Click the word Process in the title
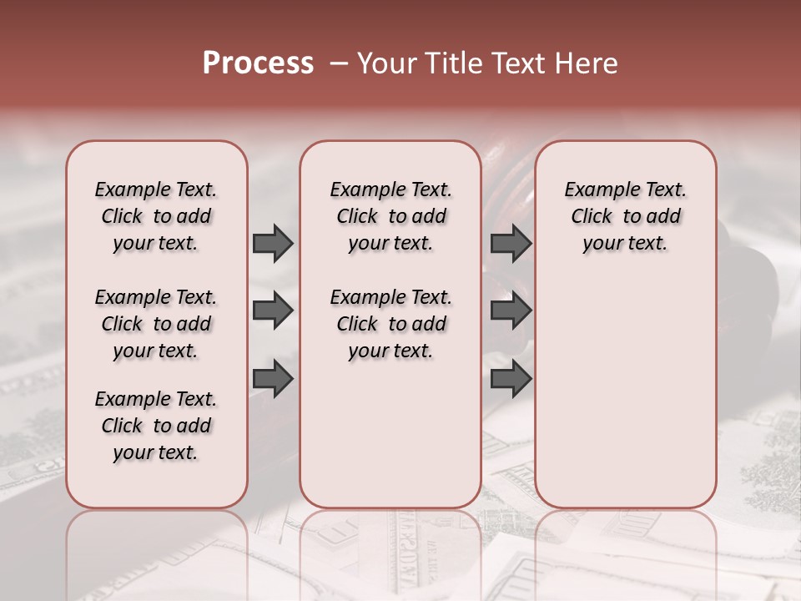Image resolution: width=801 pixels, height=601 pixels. tap(258, 63)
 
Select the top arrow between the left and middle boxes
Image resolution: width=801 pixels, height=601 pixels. tap(273, 243)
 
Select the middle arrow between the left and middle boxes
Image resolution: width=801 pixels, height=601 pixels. tap(273, 311)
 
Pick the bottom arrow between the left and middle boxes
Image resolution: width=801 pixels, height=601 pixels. tap(273, 378)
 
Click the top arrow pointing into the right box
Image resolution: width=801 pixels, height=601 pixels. tap(511, 243)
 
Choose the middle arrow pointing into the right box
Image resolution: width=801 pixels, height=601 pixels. tap(511, 311)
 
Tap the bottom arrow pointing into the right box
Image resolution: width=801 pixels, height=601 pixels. tap(511, 378)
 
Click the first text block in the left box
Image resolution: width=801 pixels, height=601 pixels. tap(156, 216)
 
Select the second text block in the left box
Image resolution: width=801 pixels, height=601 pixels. tap(156, 324)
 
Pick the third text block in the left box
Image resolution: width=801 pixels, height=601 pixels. tap(156, 426)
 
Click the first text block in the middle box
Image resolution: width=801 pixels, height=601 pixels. tap(390, 216)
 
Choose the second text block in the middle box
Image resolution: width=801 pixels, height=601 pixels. tap(390, 324)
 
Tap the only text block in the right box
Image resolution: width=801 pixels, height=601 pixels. tap(625, 216)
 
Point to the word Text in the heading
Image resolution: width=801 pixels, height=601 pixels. tap(516, 63)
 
